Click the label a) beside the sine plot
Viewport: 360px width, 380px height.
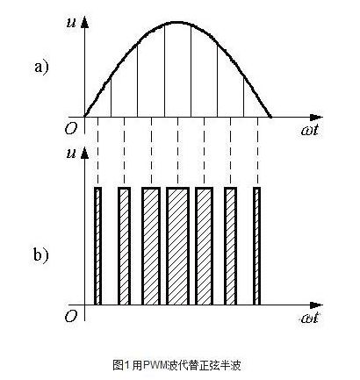[x=41, y=68]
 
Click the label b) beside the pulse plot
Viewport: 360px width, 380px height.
[x=41, y=255]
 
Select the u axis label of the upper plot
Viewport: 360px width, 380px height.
[x=71, y=24]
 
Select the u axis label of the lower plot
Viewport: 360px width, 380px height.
[x=71, y=154]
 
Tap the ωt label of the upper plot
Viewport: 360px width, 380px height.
[x=309, y=130]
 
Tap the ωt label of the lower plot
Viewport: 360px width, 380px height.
[x=309, y=318]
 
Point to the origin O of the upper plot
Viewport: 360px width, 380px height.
[x=70, y=128]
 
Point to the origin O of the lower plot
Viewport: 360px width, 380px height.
[x=70, y=316]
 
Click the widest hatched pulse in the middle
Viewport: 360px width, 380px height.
[x=177, y=246]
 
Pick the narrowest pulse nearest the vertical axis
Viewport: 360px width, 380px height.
[x=97, y=246]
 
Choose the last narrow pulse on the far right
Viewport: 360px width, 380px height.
[x=256, y=246]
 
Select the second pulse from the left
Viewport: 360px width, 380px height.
[x=124, y=246]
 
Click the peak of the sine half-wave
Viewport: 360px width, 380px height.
[x=177, y=22]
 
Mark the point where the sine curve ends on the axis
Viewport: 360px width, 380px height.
[x=270, y=117]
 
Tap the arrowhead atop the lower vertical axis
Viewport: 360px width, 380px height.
[x=84, y=154]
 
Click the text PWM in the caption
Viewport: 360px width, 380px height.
[x=155, y=365]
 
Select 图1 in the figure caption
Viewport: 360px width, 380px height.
[x=120, y=365]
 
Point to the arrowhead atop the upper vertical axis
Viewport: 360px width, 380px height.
[x=84, y=23]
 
